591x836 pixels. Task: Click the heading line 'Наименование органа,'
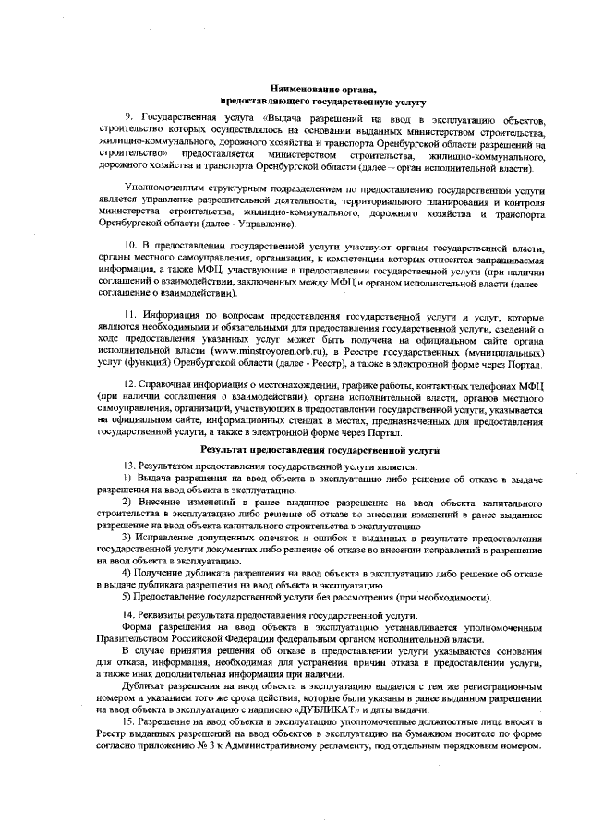[x=293, y=87]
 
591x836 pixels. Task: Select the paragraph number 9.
[x=130, y=120]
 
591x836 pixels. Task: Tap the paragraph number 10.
[x=132, y=249]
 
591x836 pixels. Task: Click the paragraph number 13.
[x=129, y=464]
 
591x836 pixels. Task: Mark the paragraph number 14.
[x=129, y=614]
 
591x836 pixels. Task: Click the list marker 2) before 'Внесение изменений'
[x=128, y=502]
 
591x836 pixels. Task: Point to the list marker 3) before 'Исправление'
[x=128, y=537]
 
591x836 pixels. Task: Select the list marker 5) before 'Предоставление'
[x=128, y=596]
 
